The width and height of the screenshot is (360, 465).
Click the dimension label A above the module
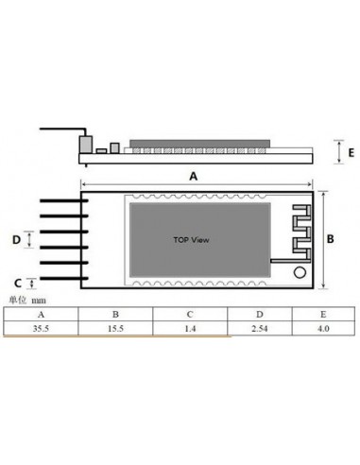pyautogui.click(x=194, y=176)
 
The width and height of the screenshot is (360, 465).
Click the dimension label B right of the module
pyautogui.click(x=330, y=240)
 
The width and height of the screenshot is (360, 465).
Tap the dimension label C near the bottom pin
pyautogui.click(x=17, y=282)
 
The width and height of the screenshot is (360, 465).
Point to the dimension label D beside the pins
pyautogui.click(x=17, y=240)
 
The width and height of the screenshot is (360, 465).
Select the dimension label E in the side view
pyautogui.click(x=351, y=150)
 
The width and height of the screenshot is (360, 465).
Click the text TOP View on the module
pyautogui.click(x=192, y=240)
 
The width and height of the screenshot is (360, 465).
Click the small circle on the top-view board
pyautogui.click(x=300, y=273)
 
